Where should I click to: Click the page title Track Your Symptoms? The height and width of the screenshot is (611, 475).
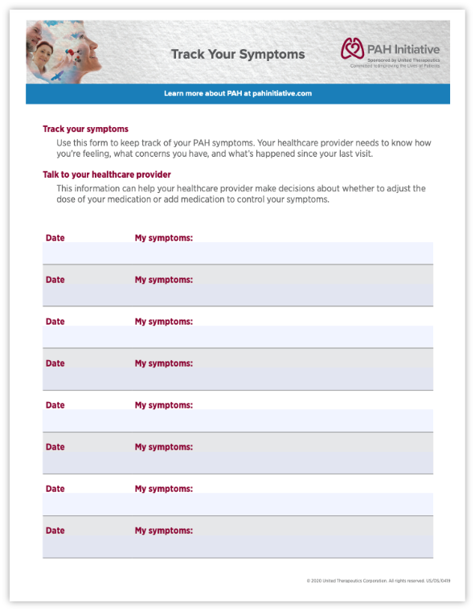(238, 55)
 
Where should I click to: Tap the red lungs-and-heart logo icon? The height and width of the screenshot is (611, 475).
(352, 48)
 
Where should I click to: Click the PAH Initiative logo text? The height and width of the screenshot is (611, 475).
(402, 48)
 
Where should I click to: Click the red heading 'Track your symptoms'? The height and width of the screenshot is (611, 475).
(85, 129)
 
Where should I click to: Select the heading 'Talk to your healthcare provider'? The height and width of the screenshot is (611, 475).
(106, 174)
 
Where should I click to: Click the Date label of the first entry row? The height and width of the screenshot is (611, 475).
(55, 238)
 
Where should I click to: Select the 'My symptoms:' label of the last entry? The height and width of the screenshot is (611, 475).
(163, 531)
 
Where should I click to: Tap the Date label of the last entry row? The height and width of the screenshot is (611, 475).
(55, 531)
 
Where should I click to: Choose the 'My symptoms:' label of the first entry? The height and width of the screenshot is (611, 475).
(163, 238)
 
